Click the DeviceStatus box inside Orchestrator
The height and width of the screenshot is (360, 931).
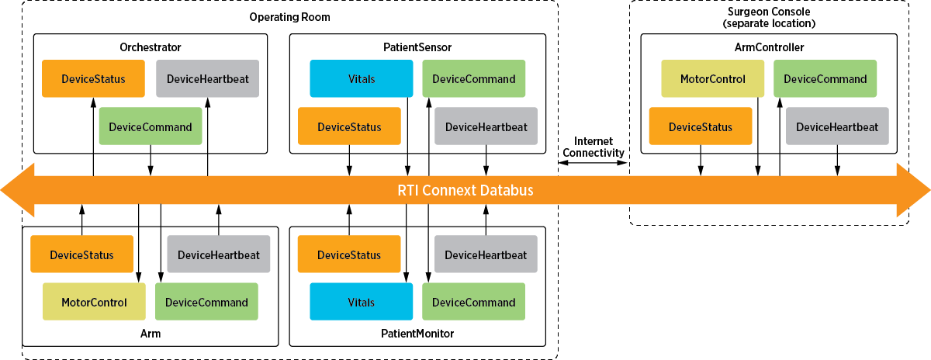(93, 78)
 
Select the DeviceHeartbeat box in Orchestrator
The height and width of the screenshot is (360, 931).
(207, 78)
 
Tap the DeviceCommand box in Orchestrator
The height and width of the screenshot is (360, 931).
(151, 126)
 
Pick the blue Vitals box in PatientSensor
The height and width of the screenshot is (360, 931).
(361, 78)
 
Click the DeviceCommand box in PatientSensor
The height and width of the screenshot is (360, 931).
(473, 78)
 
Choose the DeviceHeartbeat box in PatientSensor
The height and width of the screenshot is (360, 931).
(486, 126)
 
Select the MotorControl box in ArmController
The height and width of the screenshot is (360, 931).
(712, 78)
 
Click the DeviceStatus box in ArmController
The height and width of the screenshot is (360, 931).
(700, 126)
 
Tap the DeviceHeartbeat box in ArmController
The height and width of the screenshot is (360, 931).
(837, 126)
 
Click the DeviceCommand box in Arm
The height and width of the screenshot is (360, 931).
(206, 303)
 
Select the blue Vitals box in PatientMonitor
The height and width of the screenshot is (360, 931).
(361, 303)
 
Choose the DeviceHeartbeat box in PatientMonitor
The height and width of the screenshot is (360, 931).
(486, 254)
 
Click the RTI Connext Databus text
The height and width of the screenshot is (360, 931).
(465, 190)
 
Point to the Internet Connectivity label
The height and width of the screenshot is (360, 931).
(594, 147)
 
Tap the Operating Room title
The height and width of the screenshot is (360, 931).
(288, 17)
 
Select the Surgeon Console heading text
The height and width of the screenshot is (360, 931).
(768, 18)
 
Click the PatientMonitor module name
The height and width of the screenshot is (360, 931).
(417, 334)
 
